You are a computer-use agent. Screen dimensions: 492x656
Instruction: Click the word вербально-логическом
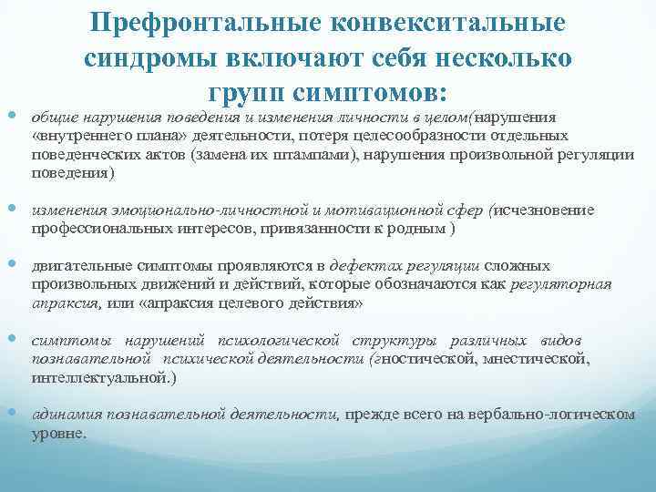coord(552,414)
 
